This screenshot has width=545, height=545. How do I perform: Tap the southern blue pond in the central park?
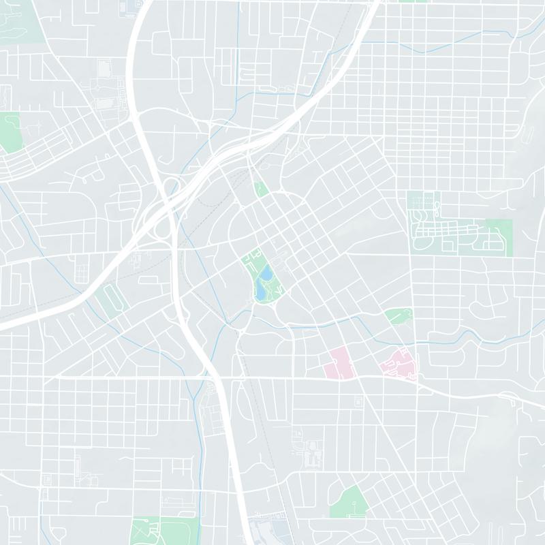[261, 292]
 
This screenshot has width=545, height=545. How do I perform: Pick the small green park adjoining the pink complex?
[398, 315]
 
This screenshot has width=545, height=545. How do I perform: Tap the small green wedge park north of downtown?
[260, 189]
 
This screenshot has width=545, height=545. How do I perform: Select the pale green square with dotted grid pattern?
[423, 204]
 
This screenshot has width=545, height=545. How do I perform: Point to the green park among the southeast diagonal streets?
[349, 503]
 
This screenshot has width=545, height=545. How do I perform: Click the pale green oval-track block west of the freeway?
[110, 300]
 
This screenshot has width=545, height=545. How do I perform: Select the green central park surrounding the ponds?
[252, 269]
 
